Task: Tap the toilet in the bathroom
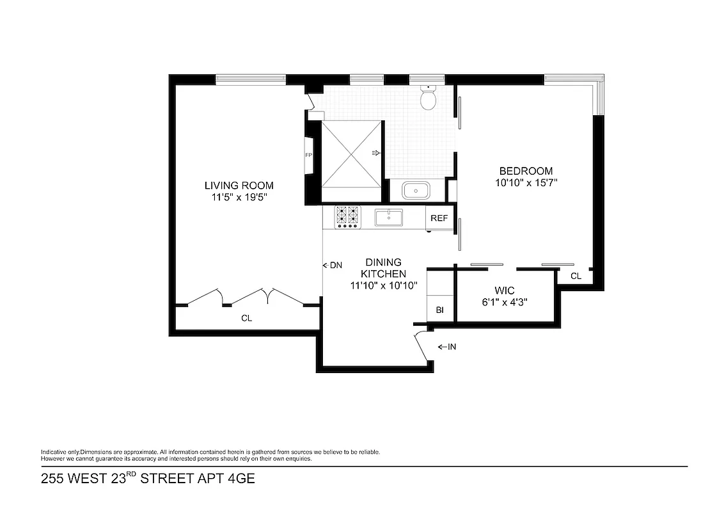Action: pos(428,97)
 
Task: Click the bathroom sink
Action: pos(416,191)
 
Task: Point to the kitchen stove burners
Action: pos(347,216)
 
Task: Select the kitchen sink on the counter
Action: pos(388,218)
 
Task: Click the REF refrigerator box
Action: pos(439,218)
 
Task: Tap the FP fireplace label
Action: pos(308,156)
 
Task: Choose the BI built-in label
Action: pos(440,310)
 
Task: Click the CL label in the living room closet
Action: pos(246,317)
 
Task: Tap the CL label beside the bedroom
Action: pos(576,276)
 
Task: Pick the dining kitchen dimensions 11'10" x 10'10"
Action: pos(384,285)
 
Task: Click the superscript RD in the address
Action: pos(130,475)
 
